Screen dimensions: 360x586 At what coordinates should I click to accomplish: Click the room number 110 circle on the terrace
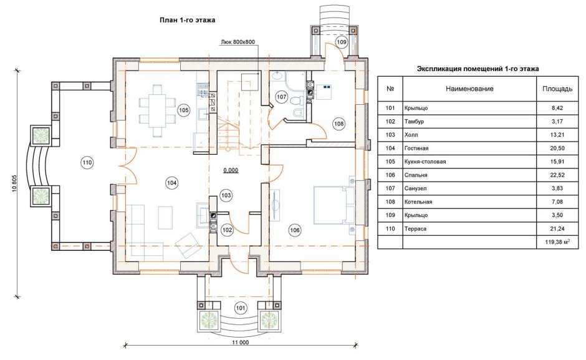(x=87, y=163)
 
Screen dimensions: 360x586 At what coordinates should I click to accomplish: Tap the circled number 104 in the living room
(x=171, y=182)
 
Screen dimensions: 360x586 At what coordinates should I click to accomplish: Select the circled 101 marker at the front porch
(x=241, y=308)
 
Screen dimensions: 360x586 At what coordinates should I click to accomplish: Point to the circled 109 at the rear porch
(x=341, y=42)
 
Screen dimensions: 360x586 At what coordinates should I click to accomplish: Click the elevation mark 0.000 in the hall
(x=231, y=170)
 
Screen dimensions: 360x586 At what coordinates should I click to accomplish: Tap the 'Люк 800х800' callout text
(x=238, y=42)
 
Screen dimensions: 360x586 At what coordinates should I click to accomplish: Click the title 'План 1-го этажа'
(x=188, y=20)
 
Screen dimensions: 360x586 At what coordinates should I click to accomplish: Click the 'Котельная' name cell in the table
(x=418, y=202)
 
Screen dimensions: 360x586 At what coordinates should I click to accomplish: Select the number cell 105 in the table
(x=390, y=162)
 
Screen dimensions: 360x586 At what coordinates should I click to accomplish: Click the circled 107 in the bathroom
(x=282, y=97)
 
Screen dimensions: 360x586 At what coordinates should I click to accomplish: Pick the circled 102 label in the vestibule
(x=227, y=230)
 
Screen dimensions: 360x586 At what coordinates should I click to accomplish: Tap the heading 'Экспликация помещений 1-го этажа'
(x=478, y=69)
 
